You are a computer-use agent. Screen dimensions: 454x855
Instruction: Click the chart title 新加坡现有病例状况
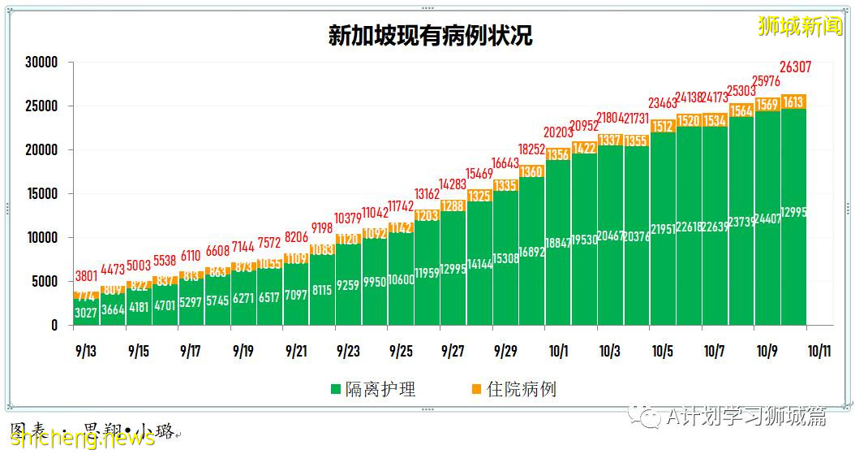tap(430, 37)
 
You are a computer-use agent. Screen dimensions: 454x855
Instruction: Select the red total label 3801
tap(85, 275)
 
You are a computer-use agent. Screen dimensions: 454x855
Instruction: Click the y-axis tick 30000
tap(41, 63)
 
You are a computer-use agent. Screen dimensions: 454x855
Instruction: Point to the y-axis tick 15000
tap(41, 194)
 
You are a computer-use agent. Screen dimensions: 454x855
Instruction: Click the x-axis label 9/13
tap(86, 352)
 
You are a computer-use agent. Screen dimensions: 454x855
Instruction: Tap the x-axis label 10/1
tap(558, 352)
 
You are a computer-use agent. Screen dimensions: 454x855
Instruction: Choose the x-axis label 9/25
tap(401, 352)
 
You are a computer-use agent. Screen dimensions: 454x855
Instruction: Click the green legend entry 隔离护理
tap(372, 389)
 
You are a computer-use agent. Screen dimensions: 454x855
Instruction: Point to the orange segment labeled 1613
tap(794, 102)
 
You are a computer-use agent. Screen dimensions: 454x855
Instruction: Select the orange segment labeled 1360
tap(532, 171)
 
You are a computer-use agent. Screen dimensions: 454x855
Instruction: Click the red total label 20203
tap(558, 132)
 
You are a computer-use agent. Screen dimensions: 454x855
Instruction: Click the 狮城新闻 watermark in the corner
tap(801, 27)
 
